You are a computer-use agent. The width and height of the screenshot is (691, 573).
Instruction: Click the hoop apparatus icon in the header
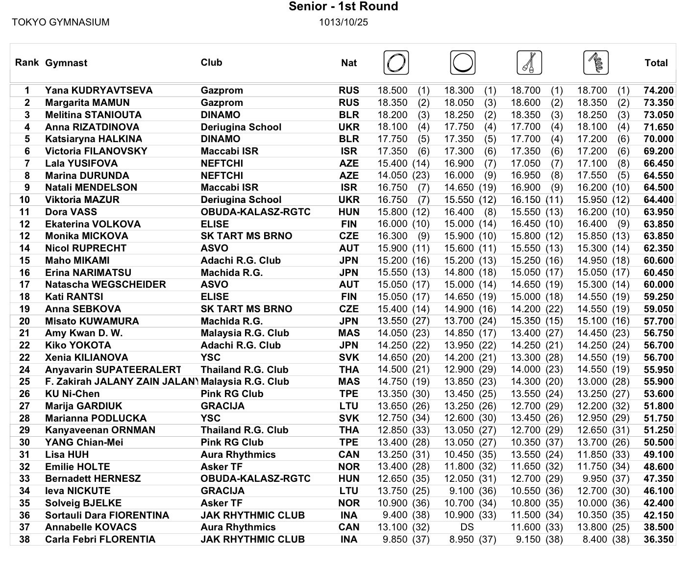click(x=396, y=63)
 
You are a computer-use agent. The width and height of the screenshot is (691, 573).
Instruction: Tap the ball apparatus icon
click(x=463, y=63)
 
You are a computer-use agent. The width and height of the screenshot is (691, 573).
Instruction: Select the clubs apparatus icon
click(x=529, y=63)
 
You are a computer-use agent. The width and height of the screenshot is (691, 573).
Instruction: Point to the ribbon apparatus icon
click(x=596, y=63)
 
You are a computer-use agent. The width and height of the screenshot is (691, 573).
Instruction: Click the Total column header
click(x=656, y=63)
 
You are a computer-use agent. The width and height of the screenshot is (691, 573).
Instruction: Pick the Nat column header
click(x=349, y=63)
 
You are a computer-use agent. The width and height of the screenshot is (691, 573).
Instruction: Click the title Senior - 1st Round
click(x=343, y=6)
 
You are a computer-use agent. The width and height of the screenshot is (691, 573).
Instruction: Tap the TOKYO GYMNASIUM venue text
click(x=61, y=22)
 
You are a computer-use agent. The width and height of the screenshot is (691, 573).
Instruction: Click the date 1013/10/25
click(x=344, y=22)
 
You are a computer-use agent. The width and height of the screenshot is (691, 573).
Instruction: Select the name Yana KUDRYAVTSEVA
click(x=99, y=90)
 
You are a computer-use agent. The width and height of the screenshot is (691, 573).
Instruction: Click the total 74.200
click(x=659, y=90)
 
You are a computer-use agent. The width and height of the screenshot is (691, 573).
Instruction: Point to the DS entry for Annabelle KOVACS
click(x=467, y=527)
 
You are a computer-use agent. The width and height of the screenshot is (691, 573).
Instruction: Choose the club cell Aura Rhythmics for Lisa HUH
click(x=238, y=454)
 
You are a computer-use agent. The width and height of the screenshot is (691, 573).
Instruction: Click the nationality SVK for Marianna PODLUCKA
click(x=349, y=418)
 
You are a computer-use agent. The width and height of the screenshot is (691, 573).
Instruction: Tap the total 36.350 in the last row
click(x=659, y=539)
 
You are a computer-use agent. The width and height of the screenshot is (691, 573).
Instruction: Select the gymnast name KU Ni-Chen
click(x=72, y=394)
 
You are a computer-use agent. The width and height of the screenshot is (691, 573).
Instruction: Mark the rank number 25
click(x=25, y=381)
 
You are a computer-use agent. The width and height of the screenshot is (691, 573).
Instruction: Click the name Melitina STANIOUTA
click(x=93, y=115)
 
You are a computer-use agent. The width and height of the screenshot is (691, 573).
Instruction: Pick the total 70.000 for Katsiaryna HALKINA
click(x=659, y=139)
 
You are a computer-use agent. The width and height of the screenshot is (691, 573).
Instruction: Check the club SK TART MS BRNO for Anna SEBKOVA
click(x=247, y=309)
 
